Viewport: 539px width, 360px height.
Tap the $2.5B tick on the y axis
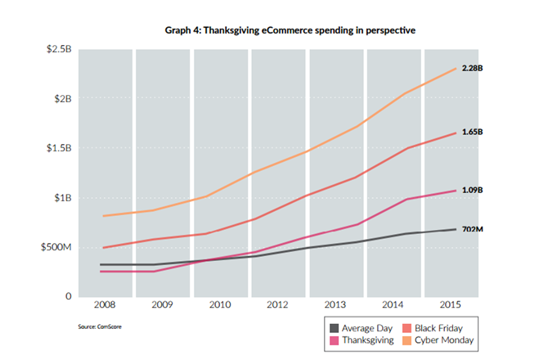[x=59, y=49]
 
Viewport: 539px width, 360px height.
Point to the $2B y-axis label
[x=63, y=98]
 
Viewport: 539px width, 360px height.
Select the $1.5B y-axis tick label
[x=59, y=148]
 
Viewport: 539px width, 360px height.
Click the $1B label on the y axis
[x=63, y=197]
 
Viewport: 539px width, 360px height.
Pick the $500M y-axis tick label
[x=57, y=247]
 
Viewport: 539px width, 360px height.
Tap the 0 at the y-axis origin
[x=70, y=296]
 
